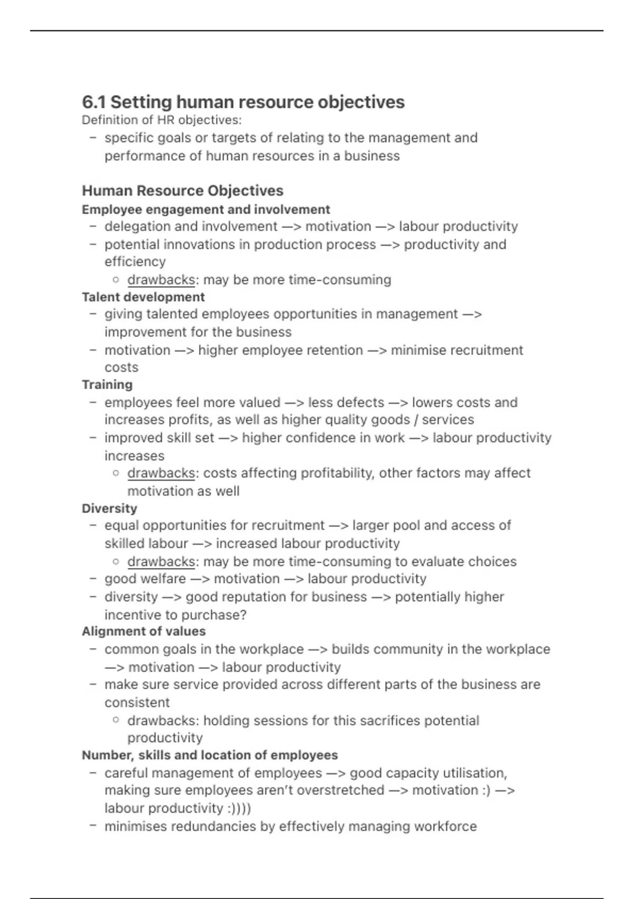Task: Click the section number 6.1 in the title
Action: click(x=95, y=102)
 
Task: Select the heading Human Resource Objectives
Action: click(x=182, y=190)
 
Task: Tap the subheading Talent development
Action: click(x=143, y=297)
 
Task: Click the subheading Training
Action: click(x=107, y=384)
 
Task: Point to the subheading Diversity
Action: click(x=109, y=508)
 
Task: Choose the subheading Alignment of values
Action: click(x=144, y=631)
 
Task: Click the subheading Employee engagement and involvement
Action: click(x=206, y=209)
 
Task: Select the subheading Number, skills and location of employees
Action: click(x=210, y=755)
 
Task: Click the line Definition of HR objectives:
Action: click(x=162, y=120)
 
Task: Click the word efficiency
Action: click(x=135, y=262)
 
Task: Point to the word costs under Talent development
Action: click(x=121, y=368)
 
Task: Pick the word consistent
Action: click(x=137, y=703)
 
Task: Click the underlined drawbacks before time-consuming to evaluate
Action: click(x=161, y=562)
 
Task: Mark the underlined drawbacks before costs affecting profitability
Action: click(x=161, y=473)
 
